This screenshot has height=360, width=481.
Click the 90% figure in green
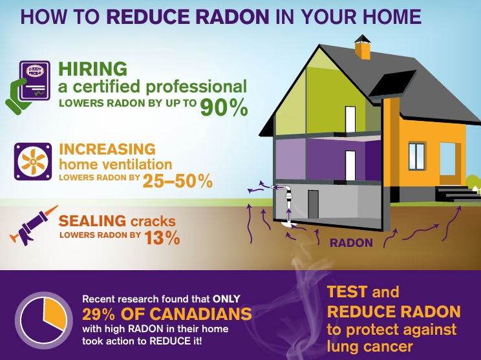(x=224, y=107)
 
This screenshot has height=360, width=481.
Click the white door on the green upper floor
(x=350, y=119)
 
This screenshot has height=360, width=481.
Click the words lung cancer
(x=370, y=346)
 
